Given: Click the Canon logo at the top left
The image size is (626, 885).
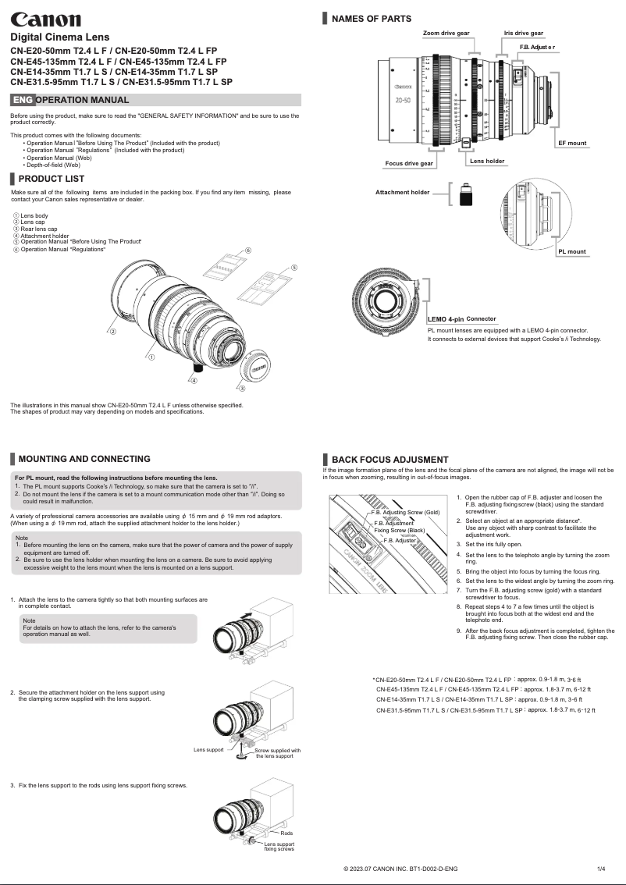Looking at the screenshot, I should (45, 19).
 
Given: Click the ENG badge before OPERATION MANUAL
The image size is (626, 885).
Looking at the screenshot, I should (23, 100).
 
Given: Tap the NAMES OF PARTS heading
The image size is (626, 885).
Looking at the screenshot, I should (372, 19).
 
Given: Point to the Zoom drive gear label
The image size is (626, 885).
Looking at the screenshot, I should (446, 34).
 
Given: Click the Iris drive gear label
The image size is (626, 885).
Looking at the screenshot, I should (523, 34).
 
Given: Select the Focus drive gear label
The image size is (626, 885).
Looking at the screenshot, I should (409, 164).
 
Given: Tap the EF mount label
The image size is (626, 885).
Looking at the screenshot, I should (571, 144).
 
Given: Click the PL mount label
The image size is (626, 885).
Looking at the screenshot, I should (571, 252).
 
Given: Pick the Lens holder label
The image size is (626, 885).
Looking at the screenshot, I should (486, 161).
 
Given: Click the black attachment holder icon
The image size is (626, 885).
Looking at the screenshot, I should (466, 194).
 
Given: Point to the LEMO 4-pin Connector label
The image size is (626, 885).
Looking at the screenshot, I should (462, 319).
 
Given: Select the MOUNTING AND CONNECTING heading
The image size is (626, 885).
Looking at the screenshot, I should (84, 459).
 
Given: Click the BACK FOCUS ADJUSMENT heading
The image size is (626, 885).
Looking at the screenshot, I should (389, 460).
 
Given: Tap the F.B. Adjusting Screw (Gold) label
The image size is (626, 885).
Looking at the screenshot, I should (405, 512).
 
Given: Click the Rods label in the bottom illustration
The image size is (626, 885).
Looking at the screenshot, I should (286, 834).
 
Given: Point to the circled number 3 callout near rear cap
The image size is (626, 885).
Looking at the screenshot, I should (241, 388).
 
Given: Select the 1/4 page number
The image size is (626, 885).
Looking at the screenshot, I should (601, 869).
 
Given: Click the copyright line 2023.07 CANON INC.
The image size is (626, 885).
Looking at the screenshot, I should (400, 869).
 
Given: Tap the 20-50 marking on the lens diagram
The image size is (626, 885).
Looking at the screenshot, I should (404, 101).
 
